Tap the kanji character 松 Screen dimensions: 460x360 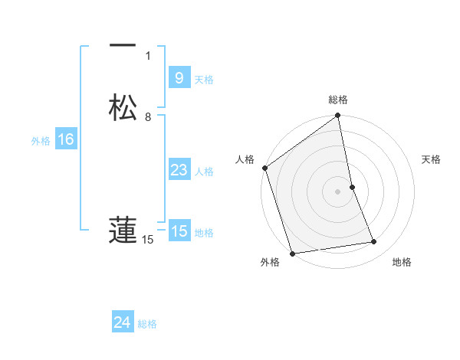[x=122, y=107]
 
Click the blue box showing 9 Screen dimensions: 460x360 [x=179, y=77]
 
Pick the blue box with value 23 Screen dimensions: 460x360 [x=179, y=170]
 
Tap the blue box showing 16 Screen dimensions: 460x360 [x=65, y=139]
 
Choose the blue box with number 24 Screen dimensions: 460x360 [x=122, y=322]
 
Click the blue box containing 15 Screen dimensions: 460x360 [x=179, y=231]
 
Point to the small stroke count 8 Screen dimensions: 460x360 [x=148, y=117]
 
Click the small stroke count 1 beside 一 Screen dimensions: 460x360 [x=148, y=56]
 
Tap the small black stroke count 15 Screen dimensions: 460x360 [x=148, y=240]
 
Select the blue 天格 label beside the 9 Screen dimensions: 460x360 [x=204, y=79]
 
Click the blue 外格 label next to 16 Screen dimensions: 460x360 [x=40, y=141]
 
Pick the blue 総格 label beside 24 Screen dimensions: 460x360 [x=147, y=324]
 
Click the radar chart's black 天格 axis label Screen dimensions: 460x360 [x=431, y=159]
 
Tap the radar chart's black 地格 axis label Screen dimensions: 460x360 [x=402, y=263]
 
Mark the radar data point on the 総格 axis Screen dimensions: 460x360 [x=338, y=116]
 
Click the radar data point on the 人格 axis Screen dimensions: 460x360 [x=264, y=168]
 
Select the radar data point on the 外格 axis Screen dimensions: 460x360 [x=292, y=253]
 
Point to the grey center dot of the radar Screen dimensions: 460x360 [x=338, y=191]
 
